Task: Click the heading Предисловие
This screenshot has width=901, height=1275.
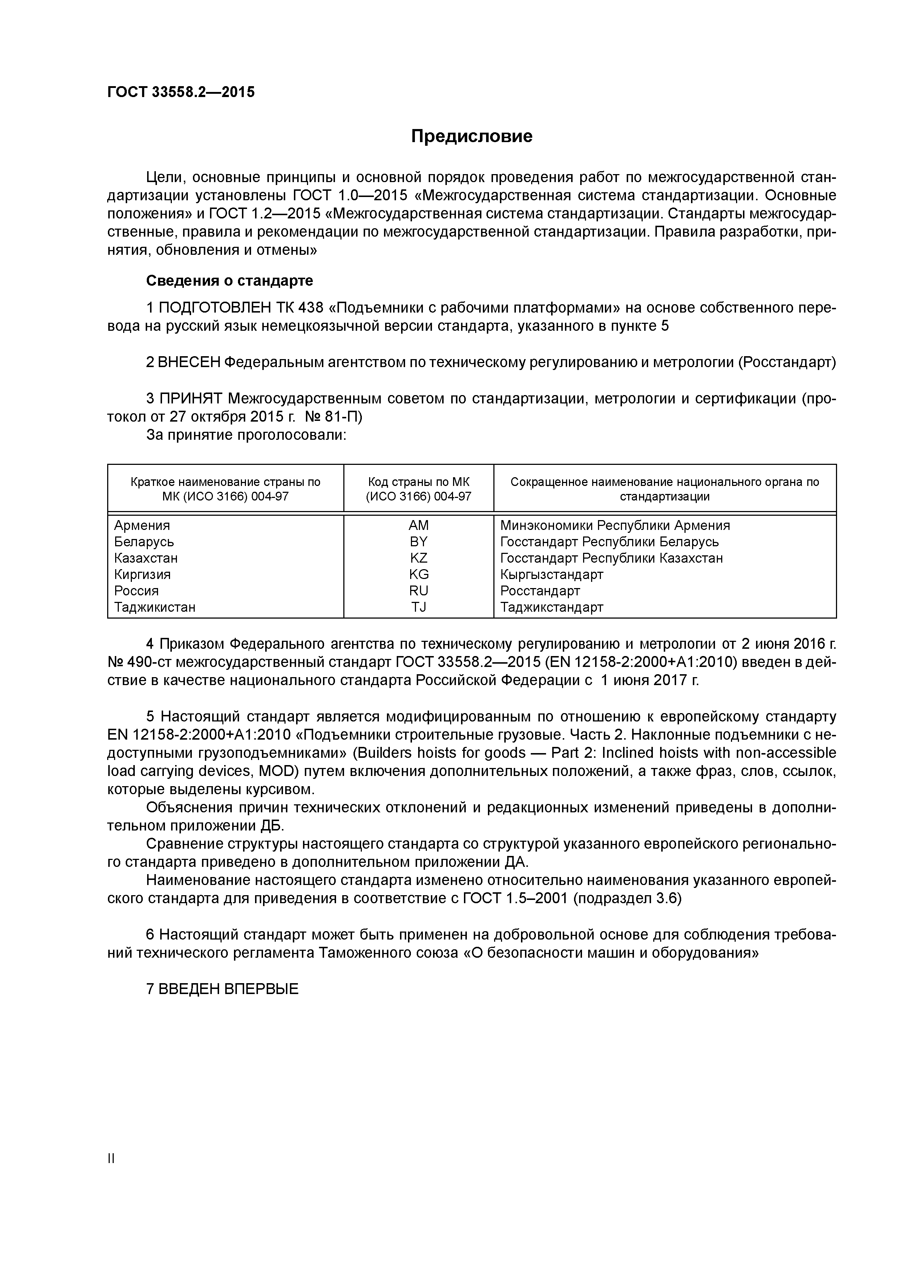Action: [471, 136]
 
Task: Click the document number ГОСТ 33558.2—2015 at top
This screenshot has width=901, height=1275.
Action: [181, 92]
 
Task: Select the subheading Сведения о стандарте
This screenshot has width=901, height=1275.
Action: [229, 281]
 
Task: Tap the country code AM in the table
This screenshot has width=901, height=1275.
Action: [419, 525]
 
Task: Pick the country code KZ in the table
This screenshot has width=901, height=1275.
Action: [419, 558]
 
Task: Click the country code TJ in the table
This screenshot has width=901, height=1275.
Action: [419, 607]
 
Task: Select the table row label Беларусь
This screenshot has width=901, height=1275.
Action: [144, 542]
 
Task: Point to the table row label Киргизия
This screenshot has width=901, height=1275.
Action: [142, 574]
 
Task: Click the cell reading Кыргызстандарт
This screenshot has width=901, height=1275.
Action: [551, 574]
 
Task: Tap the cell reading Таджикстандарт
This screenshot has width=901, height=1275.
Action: [551, 607]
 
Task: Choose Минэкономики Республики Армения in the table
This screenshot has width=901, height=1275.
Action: [615, 525]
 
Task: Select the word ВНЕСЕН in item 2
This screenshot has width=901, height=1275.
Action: [189, 362]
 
